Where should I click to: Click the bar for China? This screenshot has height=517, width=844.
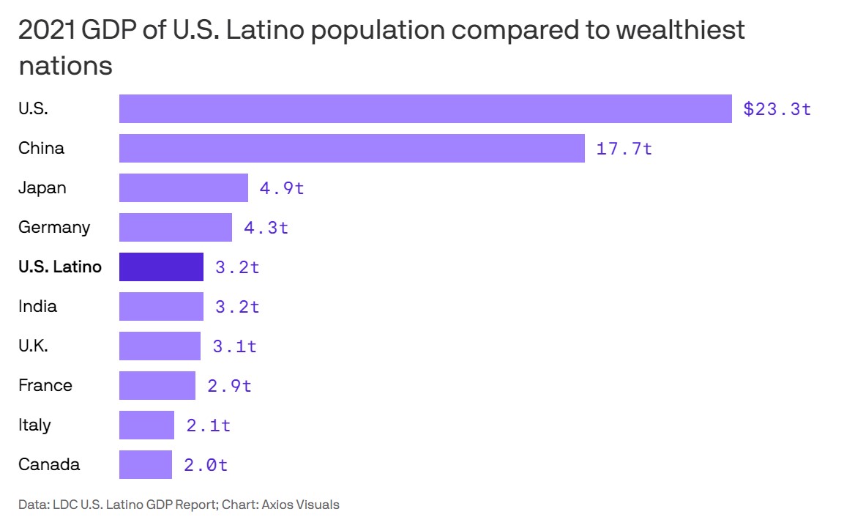tap(351, 148)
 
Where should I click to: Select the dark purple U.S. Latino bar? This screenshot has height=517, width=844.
tap(161, 267)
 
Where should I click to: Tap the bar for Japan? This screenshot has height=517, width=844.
tap(184, 187)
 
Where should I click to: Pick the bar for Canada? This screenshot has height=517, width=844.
tap(146, 464)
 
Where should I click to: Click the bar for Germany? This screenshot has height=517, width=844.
tap(176, 227)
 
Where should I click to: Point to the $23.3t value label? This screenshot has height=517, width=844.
tap(777, 109)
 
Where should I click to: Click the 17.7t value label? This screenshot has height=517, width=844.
tap(624, 149)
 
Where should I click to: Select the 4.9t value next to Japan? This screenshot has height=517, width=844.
tap(282, 188)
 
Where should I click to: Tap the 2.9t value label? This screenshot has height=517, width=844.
tap(229, 386)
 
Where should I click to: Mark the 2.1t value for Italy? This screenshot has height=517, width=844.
tap(209, 425)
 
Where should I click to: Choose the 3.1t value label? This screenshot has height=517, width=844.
tap(235, 346)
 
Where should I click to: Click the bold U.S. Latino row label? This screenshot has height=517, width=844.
tap(60, 267)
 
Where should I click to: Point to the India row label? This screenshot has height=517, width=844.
tap(37, 306)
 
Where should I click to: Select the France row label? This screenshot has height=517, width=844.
tap(45, 385)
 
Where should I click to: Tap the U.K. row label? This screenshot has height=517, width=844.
tap(33, 346)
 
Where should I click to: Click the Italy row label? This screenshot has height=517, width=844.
tap(34, 425)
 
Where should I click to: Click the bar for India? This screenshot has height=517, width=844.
tap(161, 306)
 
